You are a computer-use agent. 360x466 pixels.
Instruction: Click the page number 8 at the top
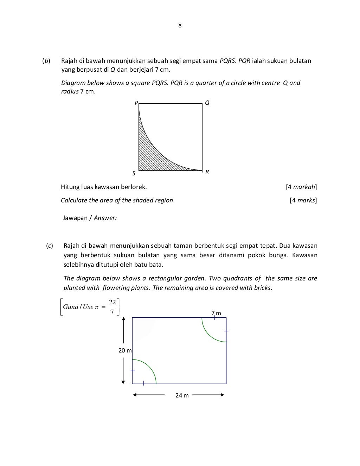180,25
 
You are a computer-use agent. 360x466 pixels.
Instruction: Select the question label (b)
46,61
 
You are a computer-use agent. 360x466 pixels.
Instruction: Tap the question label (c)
50,246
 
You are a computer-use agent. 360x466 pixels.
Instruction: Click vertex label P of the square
136,103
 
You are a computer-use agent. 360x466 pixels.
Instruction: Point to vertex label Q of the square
207,103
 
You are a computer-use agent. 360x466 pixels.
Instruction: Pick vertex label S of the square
134,174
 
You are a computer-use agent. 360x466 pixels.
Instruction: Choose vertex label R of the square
207,172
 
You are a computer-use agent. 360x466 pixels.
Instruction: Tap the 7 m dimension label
216,313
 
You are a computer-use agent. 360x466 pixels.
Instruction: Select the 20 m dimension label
125,350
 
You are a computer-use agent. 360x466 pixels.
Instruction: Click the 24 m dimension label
182,395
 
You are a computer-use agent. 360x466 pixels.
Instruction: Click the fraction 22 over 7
112,307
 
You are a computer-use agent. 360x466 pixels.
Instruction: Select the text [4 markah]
301,187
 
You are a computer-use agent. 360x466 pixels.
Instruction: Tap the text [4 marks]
303,200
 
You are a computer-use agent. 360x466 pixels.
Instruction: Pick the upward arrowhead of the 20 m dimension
123,319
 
